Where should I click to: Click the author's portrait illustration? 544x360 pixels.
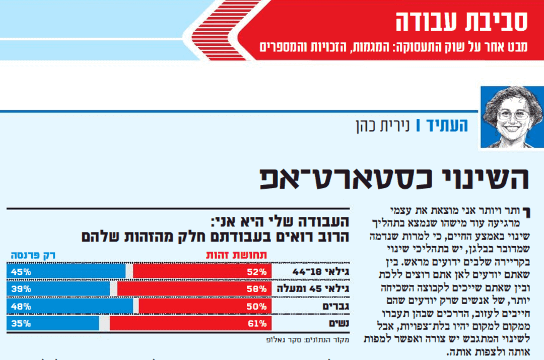tap(511, 117)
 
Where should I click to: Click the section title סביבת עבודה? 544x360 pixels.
tap(461, 21)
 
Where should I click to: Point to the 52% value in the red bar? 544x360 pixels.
tap(257, 272)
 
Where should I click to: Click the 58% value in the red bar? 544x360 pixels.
tap(257, 289)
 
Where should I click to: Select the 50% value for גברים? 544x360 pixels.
tap(257, 306)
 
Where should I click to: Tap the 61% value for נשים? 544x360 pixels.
tap(257, 323)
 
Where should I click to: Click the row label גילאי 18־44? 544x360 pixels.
tap(321, 272)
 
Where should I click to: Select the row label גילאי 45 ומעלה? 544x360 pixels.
tap(313, 289)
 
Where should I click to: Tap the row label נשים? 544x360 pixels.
tap(339, 323)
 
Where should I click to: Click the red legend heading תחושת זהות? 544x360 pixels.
tap(237, 255)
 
